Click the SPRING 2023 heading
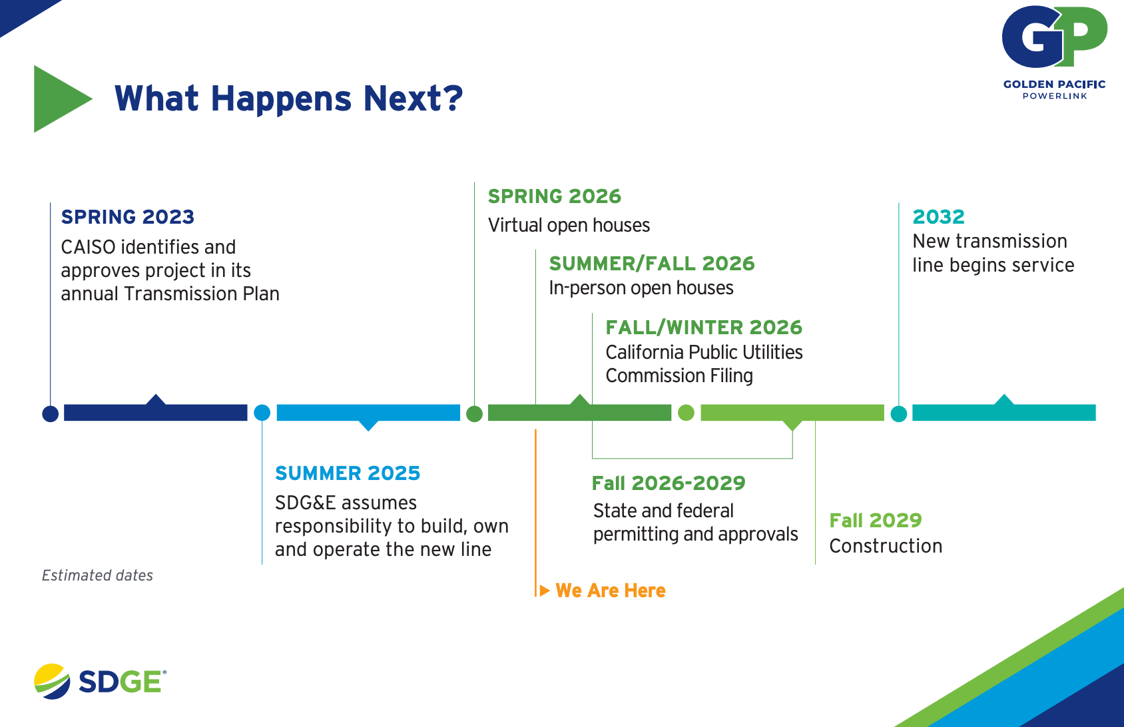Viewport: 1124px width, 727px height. click(x=127, y=217)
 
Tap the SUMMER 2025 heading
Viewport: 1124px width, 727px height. click(x=347, y=473)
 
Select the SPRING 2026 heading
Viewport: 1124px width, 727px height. click(x=555, y=196)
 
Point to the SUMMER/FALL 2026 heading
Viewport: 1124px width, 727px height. click(x=652, y=264)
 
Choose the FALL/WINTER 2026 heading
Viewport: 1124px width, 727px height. click(x=704, y=327)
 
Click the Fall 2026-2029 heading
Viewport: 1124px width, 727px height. click(x=669, y=483)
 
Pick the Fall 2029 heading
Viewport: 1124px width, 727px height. click(x=876, y=521)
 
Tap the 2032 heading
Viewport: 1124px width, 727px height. click(x=938, y=217)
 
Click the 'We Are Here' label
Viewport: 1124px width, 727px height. click(x=610, y=591)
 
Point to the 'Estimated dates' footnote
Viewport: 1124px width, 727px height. click(x=97, y=575)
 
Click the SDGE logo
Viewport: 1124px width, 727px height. click(x=100, y=681)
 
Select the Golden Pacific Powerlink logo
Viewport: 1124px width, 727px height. click(x=1054, y=52)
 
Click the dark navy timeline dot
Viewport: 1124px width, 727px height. click(x=50, y=414)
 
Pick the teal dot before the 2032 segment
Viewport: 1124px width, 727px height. click(x=899, y=414)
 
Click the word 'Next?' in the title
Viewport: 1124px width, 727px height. click(x=413, y=98)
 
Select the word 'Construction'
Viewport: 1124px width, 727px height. click(x=886, y=546)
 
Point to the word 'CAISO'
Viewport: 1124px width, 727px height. click(x=88, y=247)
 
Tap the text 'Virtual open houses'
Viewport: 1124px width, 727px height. click(x=569, y=225)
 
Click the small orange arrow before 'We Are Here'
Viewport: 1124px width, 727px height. click(x=545, y=591)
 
